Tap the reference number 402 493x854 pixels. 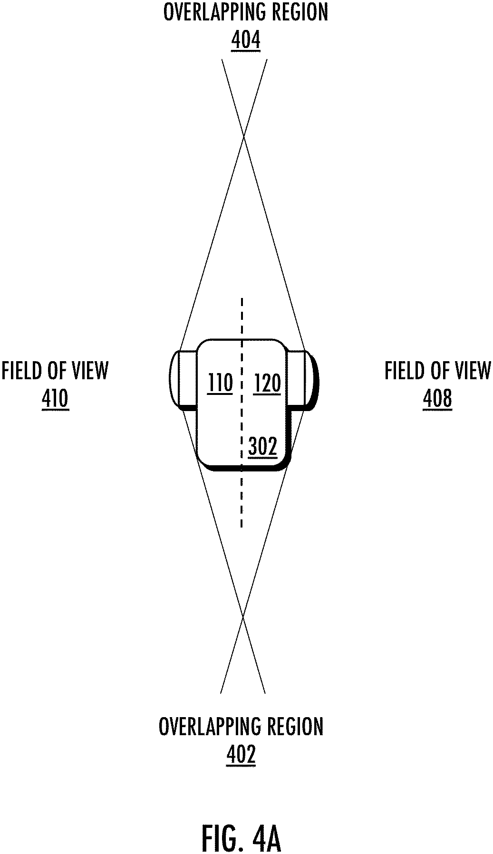pos(241,754)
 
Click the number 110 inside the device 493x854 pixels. pos(221,383)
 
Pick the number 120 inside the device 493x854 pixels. pos(267,383)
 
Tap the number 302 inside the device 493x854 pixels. pos(262,447)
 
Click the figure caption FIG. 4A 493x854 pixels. pos(242,825)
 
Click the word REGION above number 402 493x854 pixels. pos(295,727)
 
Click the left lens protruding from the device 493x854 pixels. pos(183,379)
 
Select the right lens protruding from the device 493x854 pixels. pos(303,379)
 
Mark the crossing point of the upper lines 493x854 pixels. pos(244,136)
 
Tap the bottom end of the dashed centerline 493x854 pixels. pos(242,526)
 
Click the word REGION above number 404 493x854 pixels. pos(300,13)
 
